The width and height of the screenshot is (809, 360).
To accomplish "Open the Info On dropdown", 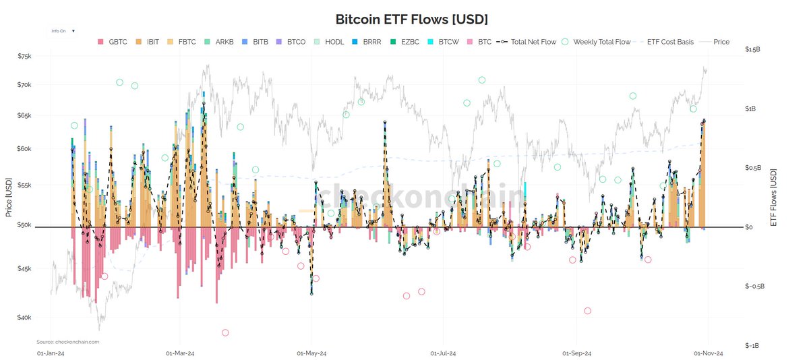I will pos(63,31).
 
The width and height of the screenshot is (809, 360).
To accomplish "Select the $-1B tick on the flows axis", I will pos(752,345).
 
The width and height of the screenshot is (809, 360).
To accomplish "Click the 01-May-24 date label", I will pos(312,353).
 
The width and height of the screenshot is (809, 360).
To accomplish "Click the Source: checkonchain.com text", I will pos(67,342).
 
